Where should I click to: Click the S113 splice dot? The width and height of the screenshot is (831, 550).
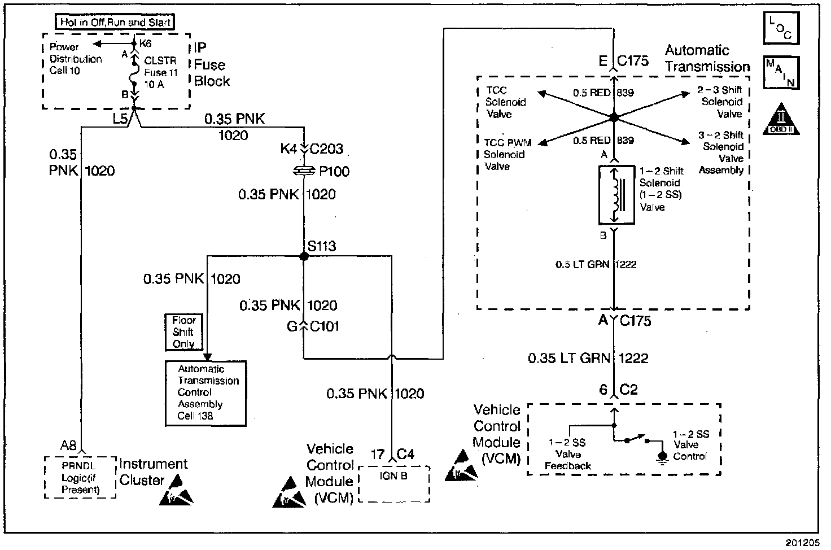click(304, 256)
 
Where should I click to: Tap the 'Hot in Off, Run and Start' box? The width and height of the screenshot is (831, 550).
click(115, 22)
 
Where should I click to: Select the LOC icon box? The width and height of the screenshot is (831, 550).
click(781, 28)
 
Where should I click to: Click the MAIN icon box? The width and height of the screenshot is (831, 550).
click(781, 73)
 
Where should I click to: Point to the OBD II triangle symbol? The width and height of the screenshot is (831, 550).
click(781, 119)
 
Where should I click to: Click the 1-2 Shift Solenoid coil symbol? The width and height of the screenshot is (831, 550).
click(616, 195)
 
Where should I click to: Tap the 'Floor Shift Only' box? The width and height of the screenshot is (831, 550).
click(183, 332)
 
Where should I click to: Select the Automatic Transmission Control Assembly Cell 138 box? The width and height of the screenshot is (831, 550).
click(205, 394)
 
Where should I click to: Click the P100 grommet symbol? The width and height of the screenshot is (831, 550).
click(304, 171)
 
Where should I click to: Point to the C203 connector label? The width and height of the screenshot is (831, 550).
click(326, 149)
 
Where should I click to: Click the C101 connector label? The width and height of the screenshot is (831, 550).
click(325, 326)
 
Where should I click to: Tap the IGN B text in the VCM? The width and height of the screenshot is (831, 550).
click(393, 476)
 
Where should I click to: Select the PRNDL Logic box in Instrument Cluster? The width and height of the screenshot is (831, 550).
click(80, 477)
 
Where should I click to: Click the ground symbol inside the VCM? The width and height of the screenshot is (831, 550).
click(662, 458)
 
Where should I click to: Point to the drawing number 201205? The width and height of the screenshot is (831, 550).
click(802, 543)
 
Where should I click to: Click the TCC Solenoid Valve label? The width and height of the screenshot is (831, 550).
click(505, 102)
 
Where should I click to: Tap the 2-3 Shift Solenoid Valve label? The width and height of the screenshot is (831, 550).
click(720, 102)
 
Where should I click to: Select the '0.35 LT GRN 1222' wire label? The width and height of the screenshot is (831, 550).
click(588, 358)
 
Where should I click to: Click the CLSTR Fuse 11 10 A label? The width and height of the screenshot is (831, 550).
click(161, 72)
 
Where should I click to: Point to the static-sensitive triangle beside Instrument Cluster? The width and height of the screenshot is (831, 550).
click(176, 490)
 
